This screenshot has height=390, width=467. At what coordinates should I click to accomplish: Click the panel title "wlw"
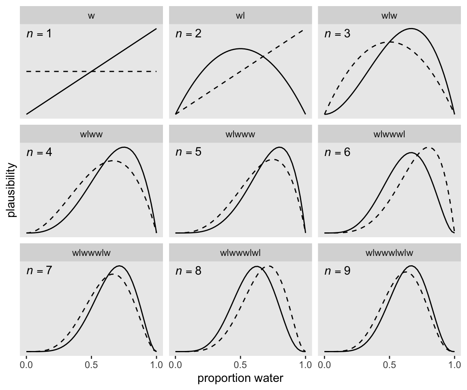[389, 16]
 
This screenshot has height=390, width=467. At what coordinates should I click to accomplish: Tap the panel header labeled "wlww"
[91, 134]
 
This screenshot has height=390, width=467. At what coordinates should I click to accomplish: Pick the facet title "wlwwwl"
[389, 134]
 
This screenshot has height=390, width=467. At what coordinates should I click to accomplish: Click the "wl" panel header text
[240, 16]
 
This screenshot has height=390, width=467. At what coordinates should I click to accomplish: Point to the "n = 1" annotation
[39, 34]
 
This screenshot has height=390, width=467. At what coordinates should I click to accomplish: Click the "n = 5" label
[188, 152]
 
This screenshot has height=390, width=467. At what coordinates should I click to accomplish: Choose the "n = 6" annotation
[337, 152]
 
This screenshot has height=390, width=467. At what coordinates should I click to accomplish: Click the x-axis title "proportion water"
[240, 378]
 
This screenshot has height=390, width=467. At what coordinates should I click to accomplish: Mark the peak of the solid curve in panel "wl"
[240, 48]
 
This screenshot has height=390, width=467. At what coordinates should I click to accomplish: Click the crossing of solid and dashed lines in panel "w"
[92, 71]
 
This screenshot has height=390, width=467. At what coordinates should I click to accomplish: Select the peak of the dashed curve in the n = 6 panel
[428, 148]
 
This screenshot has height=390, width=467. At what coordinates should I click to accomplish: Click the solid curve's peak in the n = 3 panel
[411, 29]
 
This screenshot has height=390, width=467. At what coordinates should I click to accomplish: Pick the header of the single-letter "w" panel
[91, 16]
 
